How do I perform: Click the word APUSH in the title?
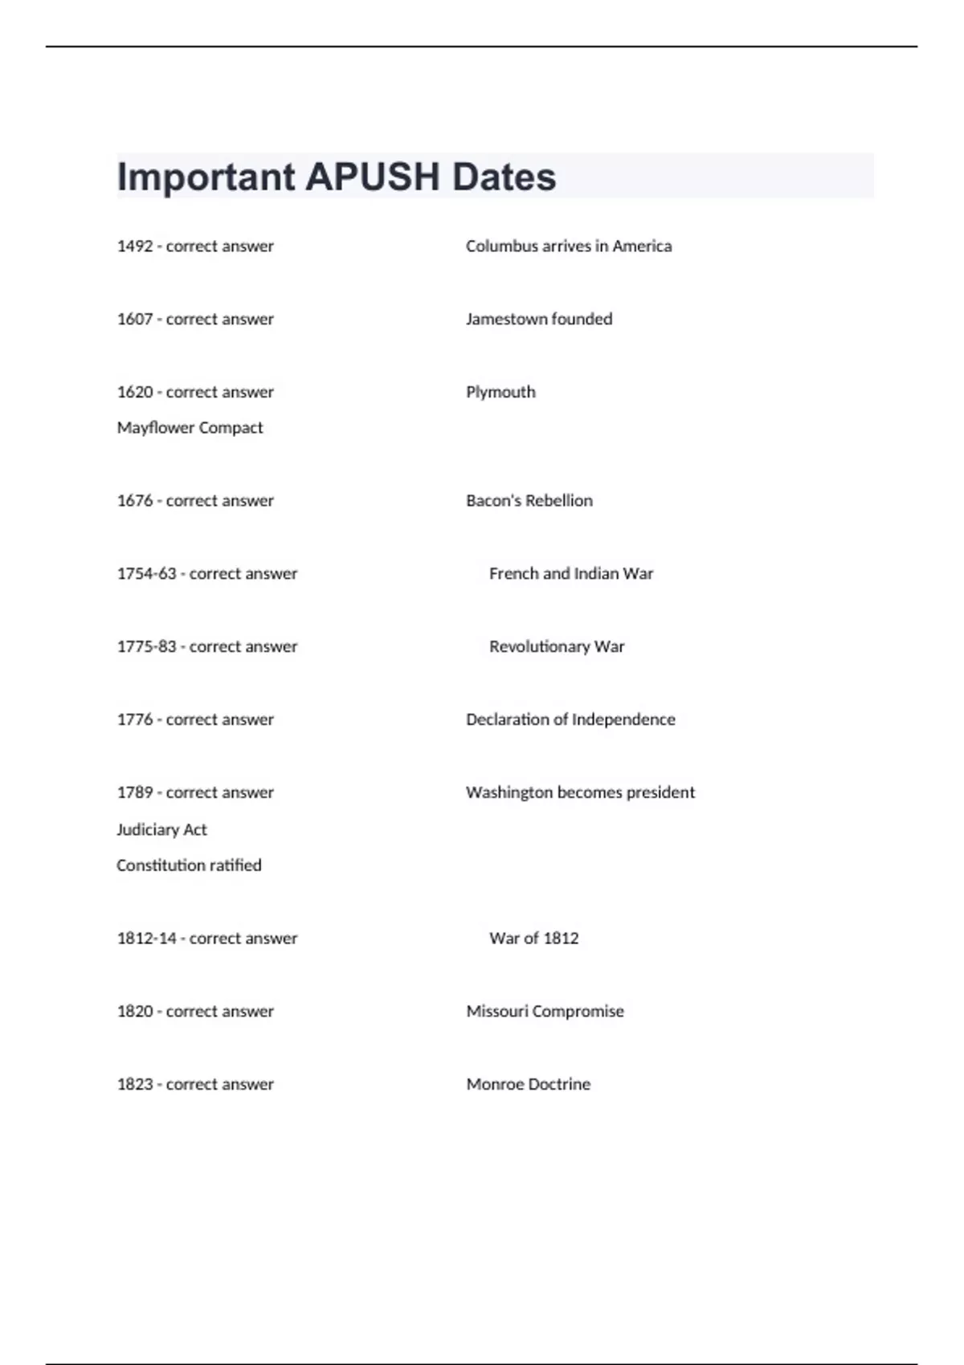click(372, 177)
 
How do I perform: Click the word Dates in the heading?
click(504, 177)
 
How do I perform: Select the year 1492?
click(135, 247)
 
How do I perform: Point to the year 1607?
click(135, 320)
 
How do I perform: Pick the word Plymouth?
click(500, 393)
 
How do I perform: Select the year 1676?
click(135, 501)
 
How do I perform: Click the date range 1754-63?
click(146, 574)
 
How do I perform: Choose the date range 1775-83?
click(146, 647)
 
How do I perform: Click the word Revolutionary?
click(539, 647)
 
